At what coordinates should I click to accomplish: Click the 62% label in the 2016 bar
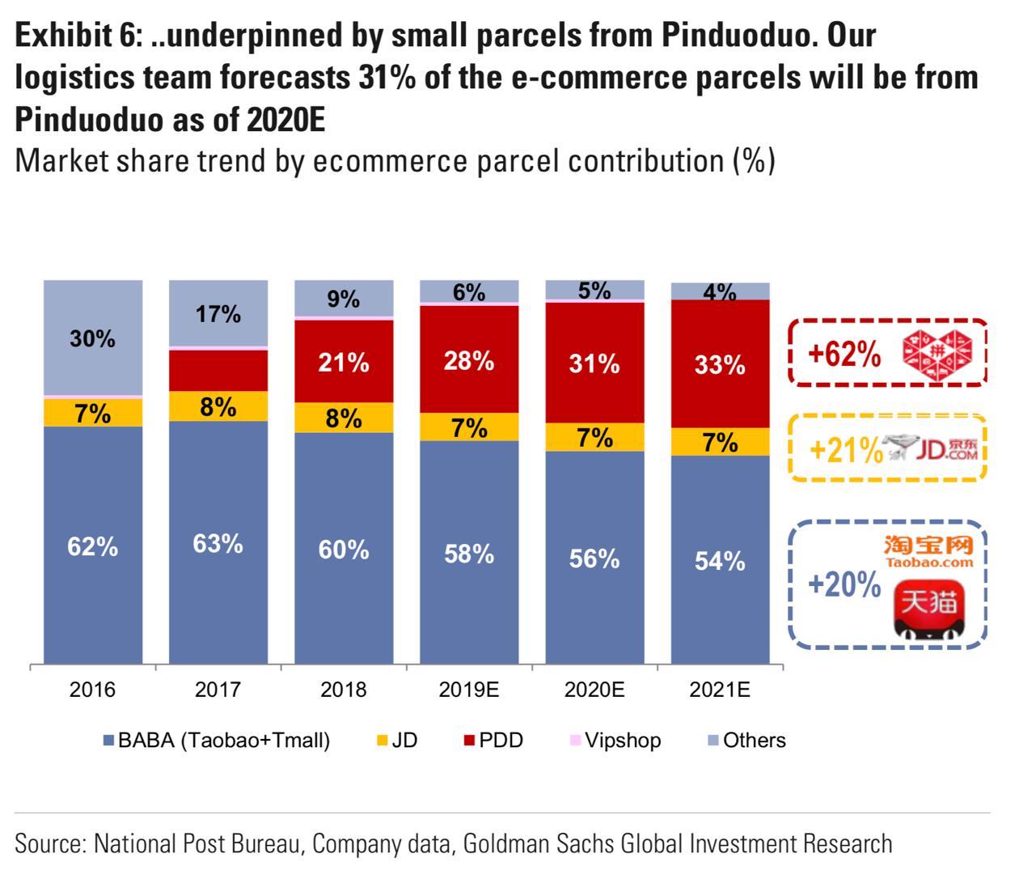coord(92,547)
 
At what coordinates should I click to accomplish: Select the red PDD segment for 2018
coord(344,362)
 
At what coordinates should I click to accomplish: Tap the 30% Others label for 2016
coord(92,338)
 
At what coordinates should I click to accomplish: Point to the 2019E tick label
coord(469,690)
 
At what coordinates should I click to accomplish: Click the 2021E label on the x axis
coord(720,690)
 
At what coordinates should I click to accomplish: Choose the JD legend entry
coord(397,740)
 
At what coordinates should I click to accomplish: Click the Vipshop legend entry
coord(615,740)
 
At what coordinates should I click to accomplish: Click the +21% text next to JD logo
coord(845,450)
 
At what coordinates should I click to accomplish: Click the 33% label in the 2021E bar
coord(720,365)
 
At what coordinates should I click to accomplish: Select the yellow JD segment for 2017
coord(218,406)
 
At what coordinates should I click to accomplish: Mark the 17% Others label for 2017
coord(218,314)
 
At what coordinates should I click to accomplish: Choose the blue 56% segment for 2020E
coord(594,559)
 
